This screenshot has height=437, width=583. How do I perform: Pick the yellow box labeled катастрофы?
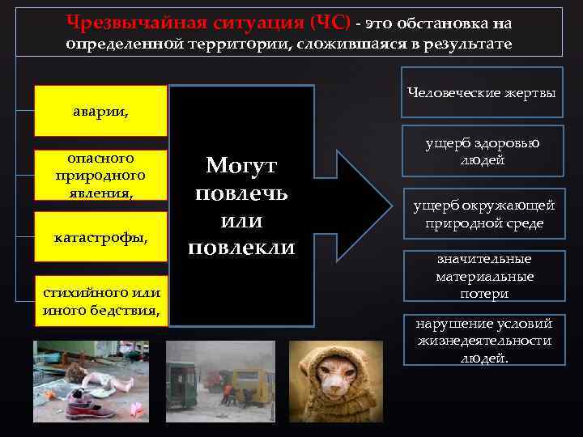point(100,237)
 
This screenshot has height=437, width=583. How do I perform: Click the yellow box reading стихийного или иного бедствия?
point(100,300)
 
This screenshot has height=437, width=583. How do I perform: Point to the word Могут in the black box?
point(241,166)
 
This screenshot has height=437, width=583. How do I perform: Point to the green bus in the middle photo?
point(183,380)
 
